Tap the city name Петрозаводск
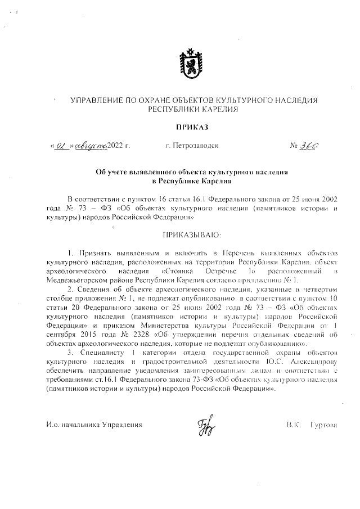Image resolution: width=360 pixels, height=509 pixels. (192, 146)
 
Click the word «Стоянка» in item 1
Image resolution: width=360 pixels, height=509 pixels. (167, 271)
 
